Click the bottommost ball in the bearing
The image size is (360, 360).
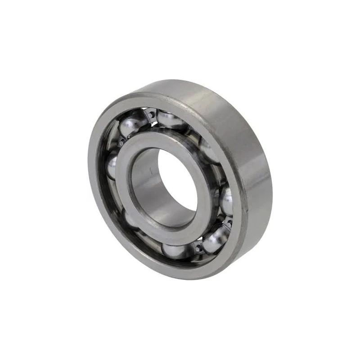point(175,250)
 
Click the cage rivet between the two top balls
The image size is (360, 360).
point(152,115)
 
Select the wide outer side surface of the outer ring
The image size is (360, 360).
point(252,148)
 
